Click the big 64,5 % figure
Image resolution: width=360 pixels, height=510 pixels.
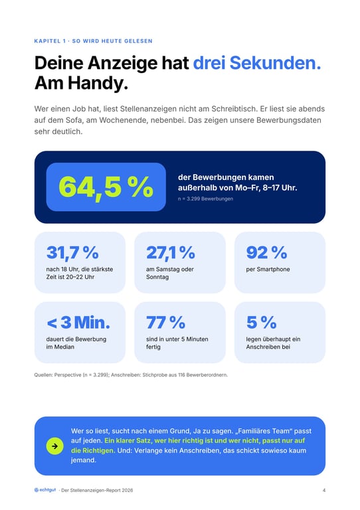(x=106, y=187)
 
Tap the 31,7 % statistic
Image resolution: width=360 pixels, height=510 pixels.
(x=72, y=253)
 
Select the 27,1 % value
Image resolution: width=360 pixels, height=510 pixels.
(x=171, y=253)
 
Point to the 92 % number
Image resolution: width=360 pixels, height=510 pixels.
(x=266, y=252)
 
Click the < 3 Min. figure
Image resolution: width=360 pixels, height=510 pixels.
(x=78, y=322)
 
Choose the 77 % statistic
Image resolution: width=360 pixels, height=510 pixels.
(x=165, y=322)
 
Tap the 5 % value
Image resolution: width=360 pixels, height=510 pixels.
(x=262, y=322)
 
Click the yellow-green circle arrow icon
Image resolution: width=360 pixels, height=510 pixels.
(x=54, y=446)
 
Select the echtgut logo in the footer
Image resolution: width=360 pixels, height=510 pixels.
(x=45, y=490)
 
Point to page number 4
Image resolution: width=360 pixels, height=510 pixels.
(x=324, y=490)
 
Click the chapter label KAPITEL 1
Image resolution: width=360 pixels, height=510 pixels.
(x=50, y=41)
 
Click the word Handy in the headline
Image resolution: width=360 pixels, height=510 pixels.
(x=98, y=83)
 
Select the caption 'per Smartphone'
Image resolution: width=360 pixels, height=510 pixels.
(x=268, y=270)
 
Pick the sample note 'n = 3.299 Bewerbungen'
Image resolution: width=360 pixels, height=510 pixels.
(x=205, y=199)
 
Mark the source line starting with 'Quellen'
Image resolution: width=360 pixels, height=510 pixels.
(x=131, y=375)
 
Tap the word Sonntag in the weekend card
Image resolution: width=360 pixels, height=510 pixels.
(x=157, y=277)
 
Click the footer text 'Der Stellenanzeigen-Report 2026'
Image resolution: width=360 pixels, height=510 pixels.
(x=97, y=490)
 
